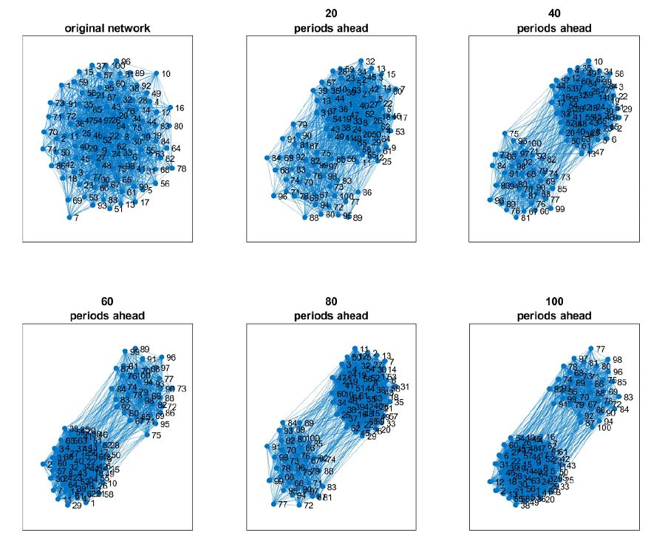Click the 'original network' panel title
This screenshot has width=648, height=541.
(108, 29)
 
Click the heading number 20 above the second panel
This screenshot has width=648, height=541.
(330, 13)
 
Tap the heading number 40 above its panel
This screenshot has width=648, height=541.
(554, 13)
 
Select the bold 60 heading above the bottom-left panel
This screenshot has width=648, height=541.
(108, 302)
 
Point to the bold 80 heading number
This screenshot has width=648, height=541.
(330, 302)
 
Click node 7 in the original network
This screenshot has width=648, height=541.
(69, 218)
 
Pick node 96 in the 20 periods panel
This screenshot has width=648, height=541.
(275, 196)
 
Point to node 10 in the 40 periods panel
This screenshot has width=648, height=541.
(588, 61)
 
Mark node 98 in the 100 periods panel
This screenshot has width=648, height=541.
(607, 360)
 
